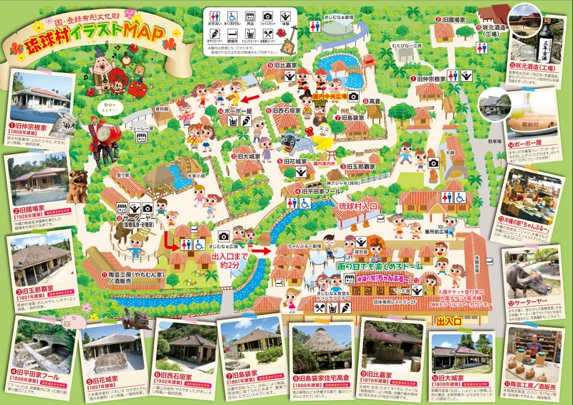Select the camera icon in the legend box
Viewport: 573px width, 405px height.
point(268,16)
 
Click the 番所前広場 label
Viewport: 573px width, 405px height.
point(428,231)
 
